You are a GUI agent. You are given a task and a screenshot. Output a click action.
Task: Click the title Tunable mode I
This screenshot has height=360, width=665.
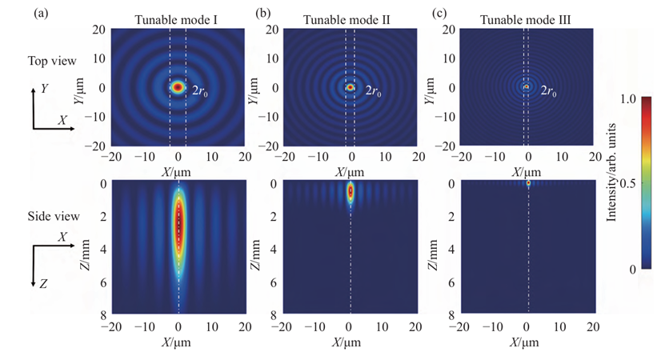[x=178, y=19]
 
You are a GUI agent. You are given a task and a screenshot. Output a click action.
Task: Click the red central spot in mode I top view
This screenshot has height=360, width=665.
[x=178, y=86]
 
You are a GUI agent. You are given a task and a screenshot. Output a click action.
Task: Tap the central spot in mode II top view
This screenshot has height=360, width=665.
[x=350, y=86]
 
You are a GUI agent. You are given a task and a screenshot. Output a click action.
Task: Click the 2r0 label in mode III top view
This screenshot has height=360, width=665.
[x=547, y=91]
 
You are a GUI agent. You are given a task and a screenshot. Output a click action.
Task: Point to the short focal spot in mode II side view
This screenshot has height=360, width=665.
[x=350, y=192]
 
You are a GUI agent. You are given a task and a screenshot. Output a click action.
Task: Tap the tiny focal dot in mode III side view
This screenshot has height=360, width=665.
[x=527, y=183]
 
